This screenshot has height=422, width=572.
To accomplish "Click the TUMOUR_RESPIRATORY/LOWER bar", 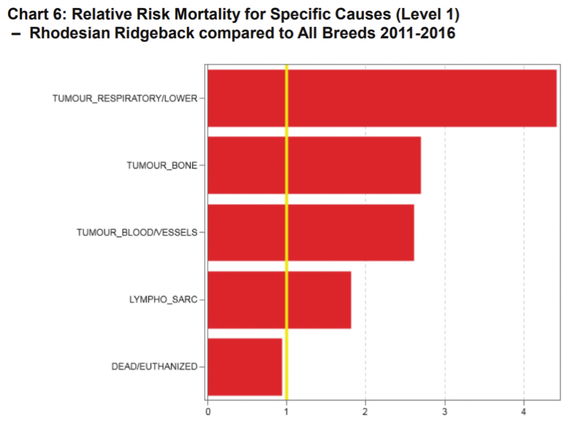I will [x=382, y=98].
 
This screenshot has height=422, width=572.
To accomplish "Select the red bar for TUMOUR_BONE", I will [x=314, y=165].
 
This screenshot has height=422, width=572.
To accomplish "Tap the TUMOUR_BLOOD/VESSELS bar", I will [x=311, y=232].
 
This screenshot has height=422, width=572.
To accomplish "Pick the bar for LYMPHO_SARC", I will [x=279, y=299].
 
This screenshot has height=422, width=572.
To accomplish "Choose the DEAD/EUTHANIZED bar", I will [x=245, y=366].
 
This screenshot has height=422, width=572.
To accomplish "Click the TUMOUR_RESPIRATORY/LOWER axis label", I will [x=125, y=98].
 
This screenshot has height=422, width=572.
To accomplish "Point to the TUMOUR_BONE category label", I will [x=162, y=165].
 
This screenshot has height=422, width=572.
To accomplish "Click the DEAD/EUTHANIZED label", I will [x=154, y=366].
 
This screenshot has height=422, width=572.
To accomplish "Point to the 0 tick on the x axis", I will [x=208, y=410].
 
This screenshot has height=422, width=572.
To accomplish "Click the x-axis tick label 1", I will [x=287, y=410].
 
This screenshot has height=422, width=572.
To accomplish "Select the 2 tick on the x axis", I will [x=366, y=410].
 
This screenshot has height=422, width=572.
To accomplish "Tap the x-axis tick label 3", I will [x=445, y=410].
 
